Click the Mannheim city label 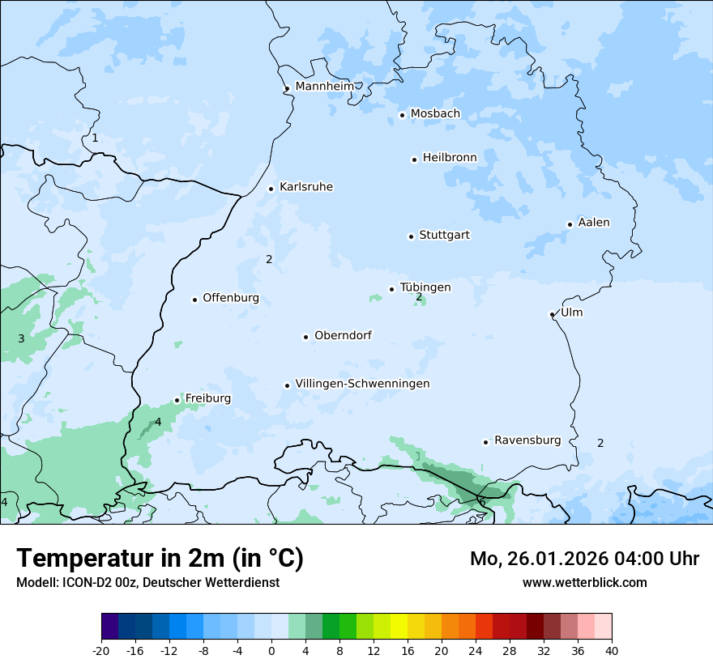pos(324,86)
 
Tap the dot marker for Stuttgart pos(411,236)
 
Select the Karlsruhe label pos(306,187)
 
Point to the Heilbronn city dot pos(414,159)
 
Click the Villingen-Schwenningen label pos(362,384)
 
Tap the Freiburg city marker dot pos(177,400)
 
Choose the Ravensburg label pos(527,440)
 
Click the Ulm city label pos(571,313)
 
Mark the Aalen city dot pos(570,224)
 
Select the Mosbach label pos(435,114)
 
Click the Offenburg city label pos(231,298)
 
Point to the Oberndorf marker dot pos(306,337)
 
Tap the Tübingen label pos(425,287)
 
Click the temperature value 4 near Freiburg pos(158,422)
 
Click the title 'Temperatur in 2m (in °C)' pos(160,558)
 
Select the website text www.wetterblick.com pos(584,582)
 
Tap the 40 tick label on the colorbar pos(611,650)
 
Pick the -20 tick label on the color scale pos(101,650)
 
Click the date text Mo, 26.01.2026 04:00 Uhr pos(584,559)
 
